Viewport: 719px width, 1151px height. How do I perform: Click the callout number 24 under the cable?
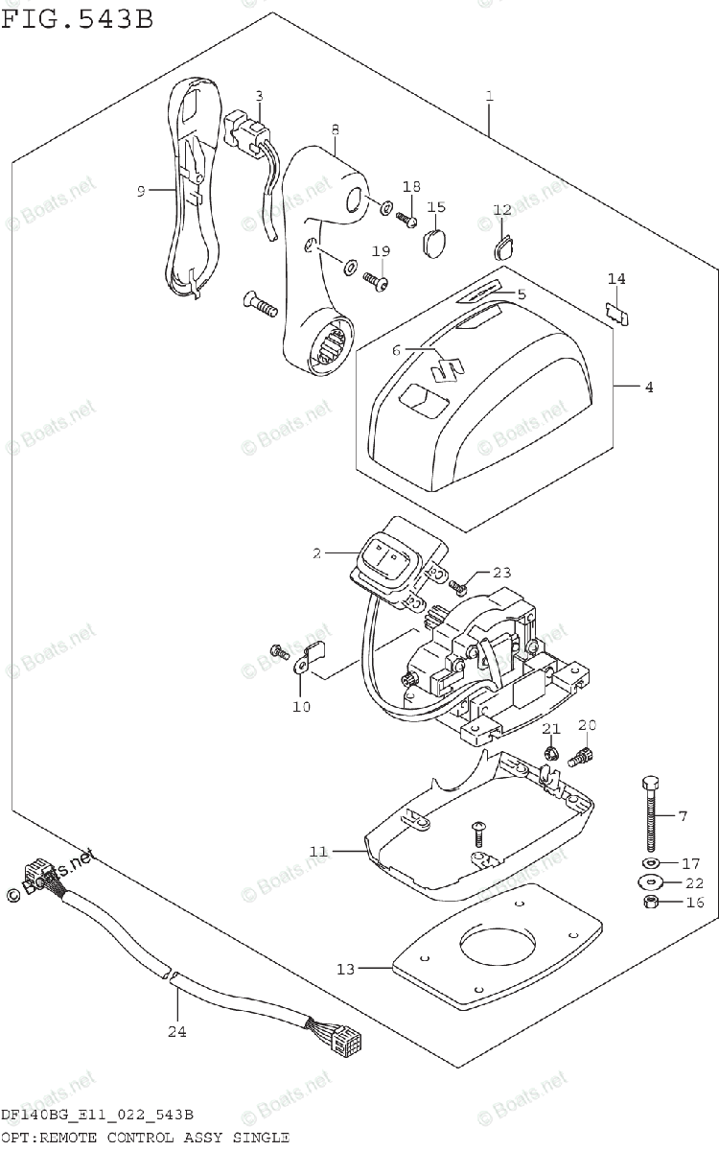point(176,1032)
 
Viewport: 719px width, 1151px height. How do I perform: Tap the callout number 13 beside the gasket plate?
point(344,969)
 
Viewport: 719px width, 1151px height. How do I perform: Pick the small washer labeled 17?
point(652,862)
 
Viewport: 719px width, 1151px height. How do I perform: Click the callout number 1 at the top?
point(489,97)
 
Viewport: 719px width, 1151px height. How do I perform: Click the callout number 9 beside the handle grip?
point(140,191)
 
